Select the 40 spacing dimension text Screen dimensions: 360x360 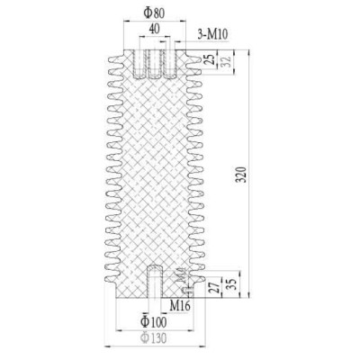pyautogui.click(x=156, y=30)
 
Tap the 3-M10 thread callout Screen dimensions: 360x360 pyautogui.click(x=211, y=36)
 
